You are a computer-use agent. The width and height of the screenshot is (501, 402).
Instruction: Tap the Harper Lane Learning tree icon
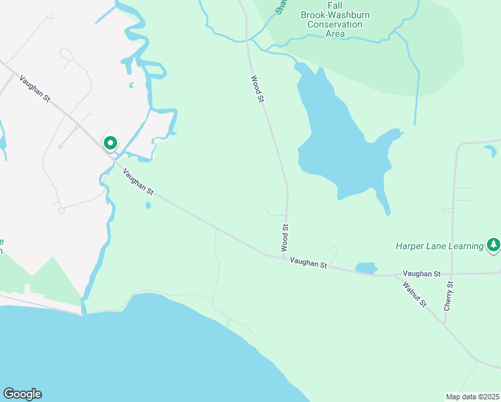click(x=494, y=245)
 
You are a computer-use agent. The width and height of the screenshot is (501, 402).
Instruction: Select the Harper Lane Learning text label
click(x=439, y=246)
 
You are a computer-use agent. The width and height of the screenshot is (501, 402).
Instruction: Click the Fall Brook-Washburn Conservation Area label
click(x=336, y=25)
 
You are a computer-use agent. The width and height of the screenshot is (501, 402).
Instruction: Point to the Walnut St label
click(x=415, y=294)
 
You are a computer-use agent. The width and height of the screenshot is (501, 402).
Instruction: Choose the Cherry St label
click(x=449, y=295)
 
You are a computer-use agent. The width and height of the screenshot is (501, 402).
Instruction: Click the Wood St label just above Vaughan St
click(x=285, y=239)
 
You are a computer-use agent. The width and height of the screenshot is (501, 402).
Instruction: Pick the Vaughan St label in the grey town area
click(x=35, y=88)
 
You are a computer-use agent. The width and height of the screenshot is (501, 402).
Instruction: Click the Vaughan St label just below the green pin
click(x=138, y=182)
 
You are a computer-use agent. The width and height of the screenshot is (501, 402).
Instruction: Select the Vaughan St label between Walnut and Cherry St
click(x=421, y=274)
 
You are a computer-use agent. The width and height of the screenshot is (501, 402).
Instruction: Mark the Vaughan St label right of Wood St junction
click(x=308, y=265)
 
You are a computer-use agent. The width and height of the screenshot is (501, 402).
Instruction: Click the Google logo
click(x=22, y=394)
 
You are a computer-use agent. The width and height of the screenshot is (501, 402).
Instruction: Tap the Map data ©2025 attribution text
click(x=473, y=397)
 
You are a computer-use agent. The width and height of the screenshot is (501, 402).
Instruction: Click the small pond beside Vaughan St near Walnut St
click(x=366, y=268)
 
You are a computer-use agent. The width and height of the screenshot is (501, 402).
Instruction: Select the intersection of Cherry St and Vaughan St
click(x=452, y=274)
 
